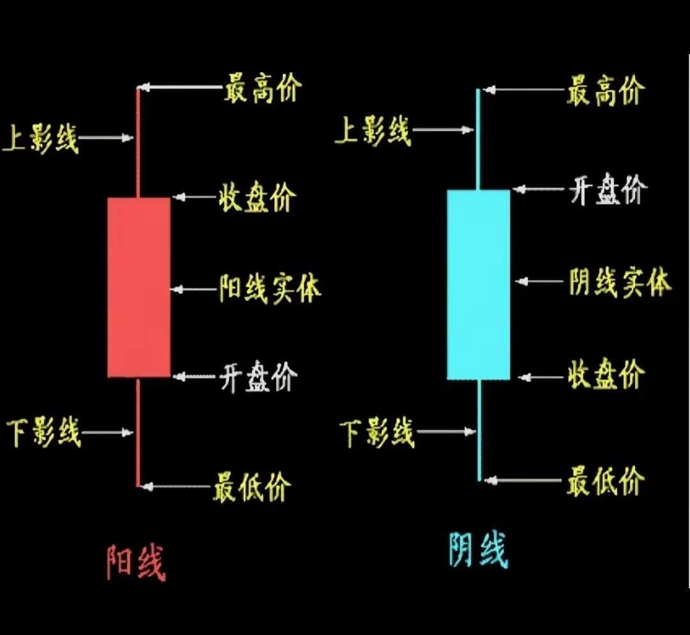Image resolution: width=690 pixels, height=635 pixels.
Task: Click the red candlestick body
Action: click(x=139, y=287)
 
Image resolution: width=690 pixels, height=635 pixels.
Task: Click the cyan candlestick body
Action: click(x=479, y=285)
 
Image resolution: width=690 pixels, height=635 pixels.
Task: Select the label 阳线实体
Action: click(x=270, y=288)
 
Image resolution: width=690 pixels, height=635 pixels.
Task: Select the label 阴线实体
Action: click(x=620, y=281)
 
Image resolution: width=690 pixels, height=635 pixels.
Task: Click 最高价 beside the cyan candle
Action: click(x=604, y=91)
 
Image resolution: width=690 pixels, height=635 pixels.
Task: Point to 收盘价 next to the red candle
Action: click(x=257, y=197)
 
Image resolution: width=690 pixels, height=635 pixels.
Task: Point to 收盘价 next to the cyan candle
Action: click(x=605, y=375)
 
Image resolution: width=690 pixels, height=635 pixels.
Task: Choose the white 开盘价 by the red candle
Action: click(x=258, y=377)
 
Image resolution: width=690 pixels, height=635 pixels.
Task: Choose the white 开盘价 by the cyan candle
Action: click(x=608, y=190)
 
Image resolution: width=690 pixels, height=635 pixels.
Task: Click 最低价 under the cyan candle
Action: click(x=604, y=481)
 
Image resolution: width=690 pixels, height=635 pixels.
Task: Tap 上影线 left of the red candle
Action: click(x=40, y=138)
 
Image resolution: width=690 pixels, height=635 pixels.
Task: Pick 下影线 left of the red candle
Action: click(x=43, y=432)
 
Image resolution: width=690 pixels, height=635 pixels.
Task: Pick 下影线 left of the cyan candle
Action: click(x=378, y=433)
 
